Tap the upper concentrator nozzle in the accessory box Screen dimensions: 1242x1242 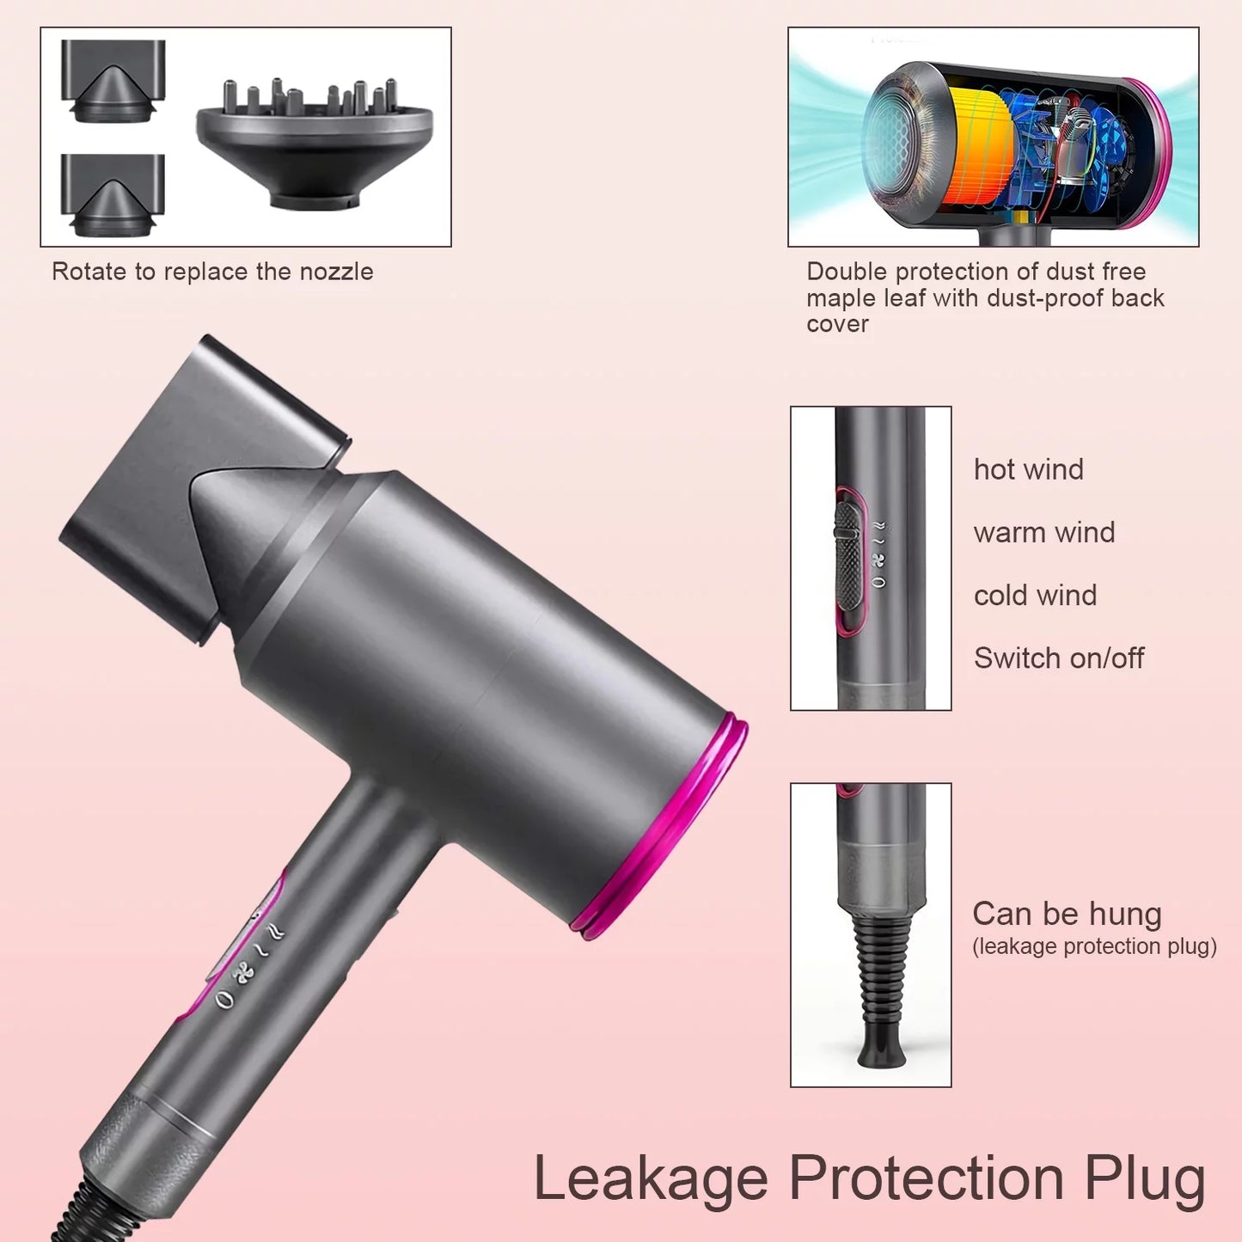point(113,82)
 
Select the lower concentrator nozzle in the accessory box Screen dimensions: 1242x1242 point(113,196)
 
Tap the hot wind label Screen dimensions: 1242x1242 point(1028,470)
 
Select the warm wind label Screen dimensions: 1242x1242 point(1043,533)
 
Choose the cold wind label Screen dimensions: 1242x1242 point(1035,596)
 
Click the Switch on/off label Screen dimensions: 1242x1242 point(1058,658)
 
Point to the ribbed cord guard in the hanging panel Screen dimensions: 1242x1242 point(881,980)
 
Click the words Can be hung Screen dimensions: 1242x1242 point(1067,914)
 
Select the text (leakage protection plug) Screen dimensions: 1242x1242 point(1094,946)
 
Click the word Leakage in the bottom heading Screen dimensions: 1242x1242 point(650,1179)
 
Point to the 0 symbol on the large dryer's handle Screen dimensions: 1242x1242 point(223,999)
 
